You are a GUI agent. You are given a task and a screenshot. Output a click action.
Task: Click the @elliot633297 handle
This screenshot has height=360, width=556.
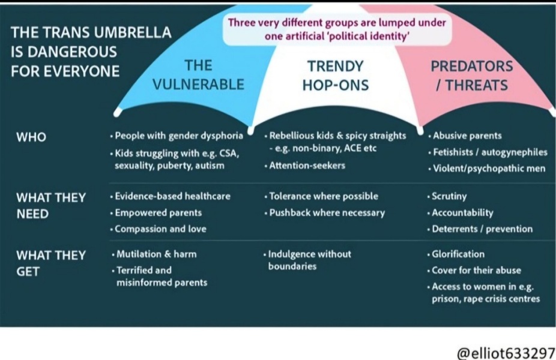coord(506,353)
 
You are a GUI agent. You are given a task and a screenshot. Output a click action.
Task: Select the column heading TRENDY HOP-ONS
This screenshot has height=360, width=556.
coord(336,76)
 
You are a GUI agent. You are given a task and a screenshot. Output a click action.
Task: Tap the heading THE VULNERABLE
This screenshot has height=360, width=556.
coord(198,75)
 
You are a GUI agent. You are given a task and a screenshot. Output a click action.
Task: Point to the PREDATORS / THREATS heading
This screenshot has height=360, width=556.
coord(471,76)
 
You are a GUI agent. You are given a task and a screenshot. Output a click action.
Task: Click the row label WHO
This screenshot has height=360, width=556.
coord(31,137)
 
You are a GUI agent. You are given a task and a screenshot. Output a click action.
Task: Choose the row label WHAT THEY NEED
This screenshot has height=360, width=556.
coord(51,206)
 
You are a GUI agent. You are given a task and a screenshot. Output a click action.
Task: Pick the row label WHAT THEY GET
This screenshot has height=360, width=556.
coord(51,263)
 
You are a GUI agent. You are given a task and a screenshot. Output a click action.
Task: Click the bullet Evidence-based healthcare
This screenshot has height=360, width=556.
coord(170,196)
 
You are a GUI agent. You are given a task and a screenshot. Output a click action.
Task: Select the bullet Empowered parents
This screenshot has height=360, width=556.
coord(156,212)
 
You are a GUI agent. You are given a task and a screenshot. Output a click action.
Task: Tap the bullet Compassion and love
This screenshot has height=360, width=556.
coord(158,229)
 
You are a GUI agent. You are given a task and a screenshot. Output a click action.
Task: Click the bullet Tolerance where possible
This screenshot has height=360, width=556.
coord(321,196)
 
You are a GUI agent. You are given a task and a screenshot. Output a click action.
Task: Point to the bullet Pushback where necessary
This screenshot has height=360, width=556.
coord(325,212)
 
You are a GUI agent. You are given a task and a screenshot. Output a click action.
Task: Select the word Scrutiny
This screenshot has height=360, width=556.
coord(449,196)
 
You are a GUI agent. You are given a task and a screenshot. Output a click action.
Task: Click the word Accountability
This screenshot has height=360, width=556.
coord(462,212)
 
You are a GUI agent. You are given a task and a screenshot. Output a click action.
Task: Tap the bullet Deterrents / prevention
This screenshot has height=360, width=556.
coord(480,229)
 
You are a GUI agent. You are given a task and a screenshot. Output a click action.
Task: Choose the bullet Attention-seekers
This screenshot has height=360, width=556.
coord(305,166)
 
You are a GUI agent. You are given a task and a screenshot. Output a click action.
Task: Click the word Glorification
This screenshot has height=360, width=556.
coord(458,254)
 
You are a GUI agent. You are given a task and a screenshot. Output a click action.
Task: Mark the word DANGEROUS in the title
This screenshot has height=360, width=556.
coord(72,52)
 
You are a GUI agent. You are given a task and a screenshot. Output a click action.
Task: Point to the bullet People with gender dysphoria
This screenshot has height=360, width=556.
coord(177,136)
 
